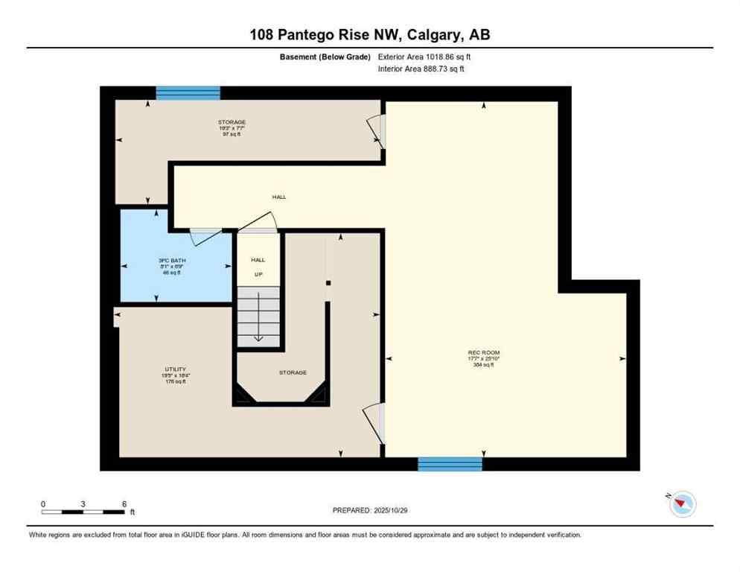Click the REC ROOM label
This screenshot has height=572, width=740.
click(484, 352)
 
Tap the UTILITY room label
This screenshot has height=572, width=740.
click(170, 369)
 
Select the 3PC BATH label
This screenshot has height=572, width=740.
click(171, 261)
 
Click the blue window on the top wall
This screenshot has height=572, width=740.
click(188, 93)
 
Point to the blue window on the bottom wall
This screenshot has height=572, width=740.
click(450, 464)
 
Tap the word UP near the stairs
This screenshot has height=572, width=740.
click(258, 274)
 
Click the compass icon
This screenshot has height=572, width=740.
click(682, 504)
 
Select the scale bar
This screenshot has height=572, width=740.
click(83, 512)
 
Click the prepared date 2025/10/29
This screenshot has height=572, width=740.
click(369, 510)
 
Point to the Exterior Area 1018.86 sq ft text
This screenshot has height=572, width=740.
click(424, 57)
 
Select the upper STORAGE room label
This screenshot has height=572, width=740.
click(232, 122)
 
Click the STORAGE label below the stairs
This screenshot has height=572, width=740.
click(293, 372)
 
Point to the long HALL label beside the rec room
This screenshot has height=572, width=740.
click(278, 197)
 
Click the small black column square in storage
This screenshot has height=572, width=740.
click(328, 283)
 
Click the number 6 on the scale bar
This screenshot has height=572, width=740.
click(124, 503)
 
